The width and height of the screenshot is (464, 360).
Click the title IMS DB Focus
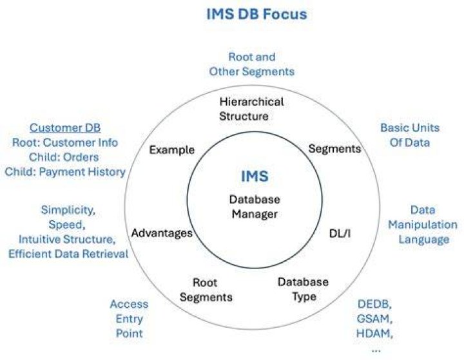tap(256, 14)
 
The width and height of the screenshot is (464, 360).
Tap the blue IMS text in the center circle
tap(255, 176)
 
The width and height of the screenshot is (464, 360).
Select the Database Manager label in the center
tap(255, 207)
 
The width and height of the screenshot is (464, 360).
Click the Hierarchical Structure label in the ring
tap(251, 109)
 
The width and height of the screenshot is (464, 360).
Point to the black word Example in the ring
tap(171, 150)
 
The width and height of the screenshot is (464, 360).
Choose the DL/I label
tap(340, 234)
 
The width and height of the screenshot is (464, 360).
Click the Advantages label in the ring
tap(162, 233)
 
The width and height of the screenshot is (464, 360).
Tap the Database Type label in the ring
tap(303, 289)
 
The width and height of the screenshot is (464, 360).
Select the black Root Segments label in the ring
tap(206, 290)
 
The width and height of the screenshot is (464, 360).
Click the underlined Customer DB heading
tap(65, 128)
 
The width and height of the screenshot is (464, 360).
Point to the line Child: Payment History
tap(65, 172)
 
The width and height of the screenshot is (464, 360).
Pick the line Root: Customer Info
tap(65, 142)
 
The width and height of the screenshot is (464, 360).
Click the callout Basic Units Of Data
tap(410, 135)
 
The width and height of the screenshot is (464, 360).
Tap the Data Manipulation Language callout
tap(423, 225)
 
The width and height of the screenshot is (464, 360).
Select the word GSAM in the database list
tap(374, 319)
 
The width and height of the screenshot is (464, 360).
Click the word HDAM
tap(374, 334)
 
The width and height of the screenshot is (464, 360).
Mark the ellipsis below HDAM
tap(376, 350)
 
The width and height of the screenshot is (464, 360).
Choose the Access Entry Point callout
tap(129, 319)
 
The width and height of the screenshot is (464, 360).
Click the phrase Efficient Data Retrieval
tap(68, 254)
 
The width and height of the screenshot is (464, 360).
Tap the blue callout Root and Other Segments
tap(252, 64)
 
